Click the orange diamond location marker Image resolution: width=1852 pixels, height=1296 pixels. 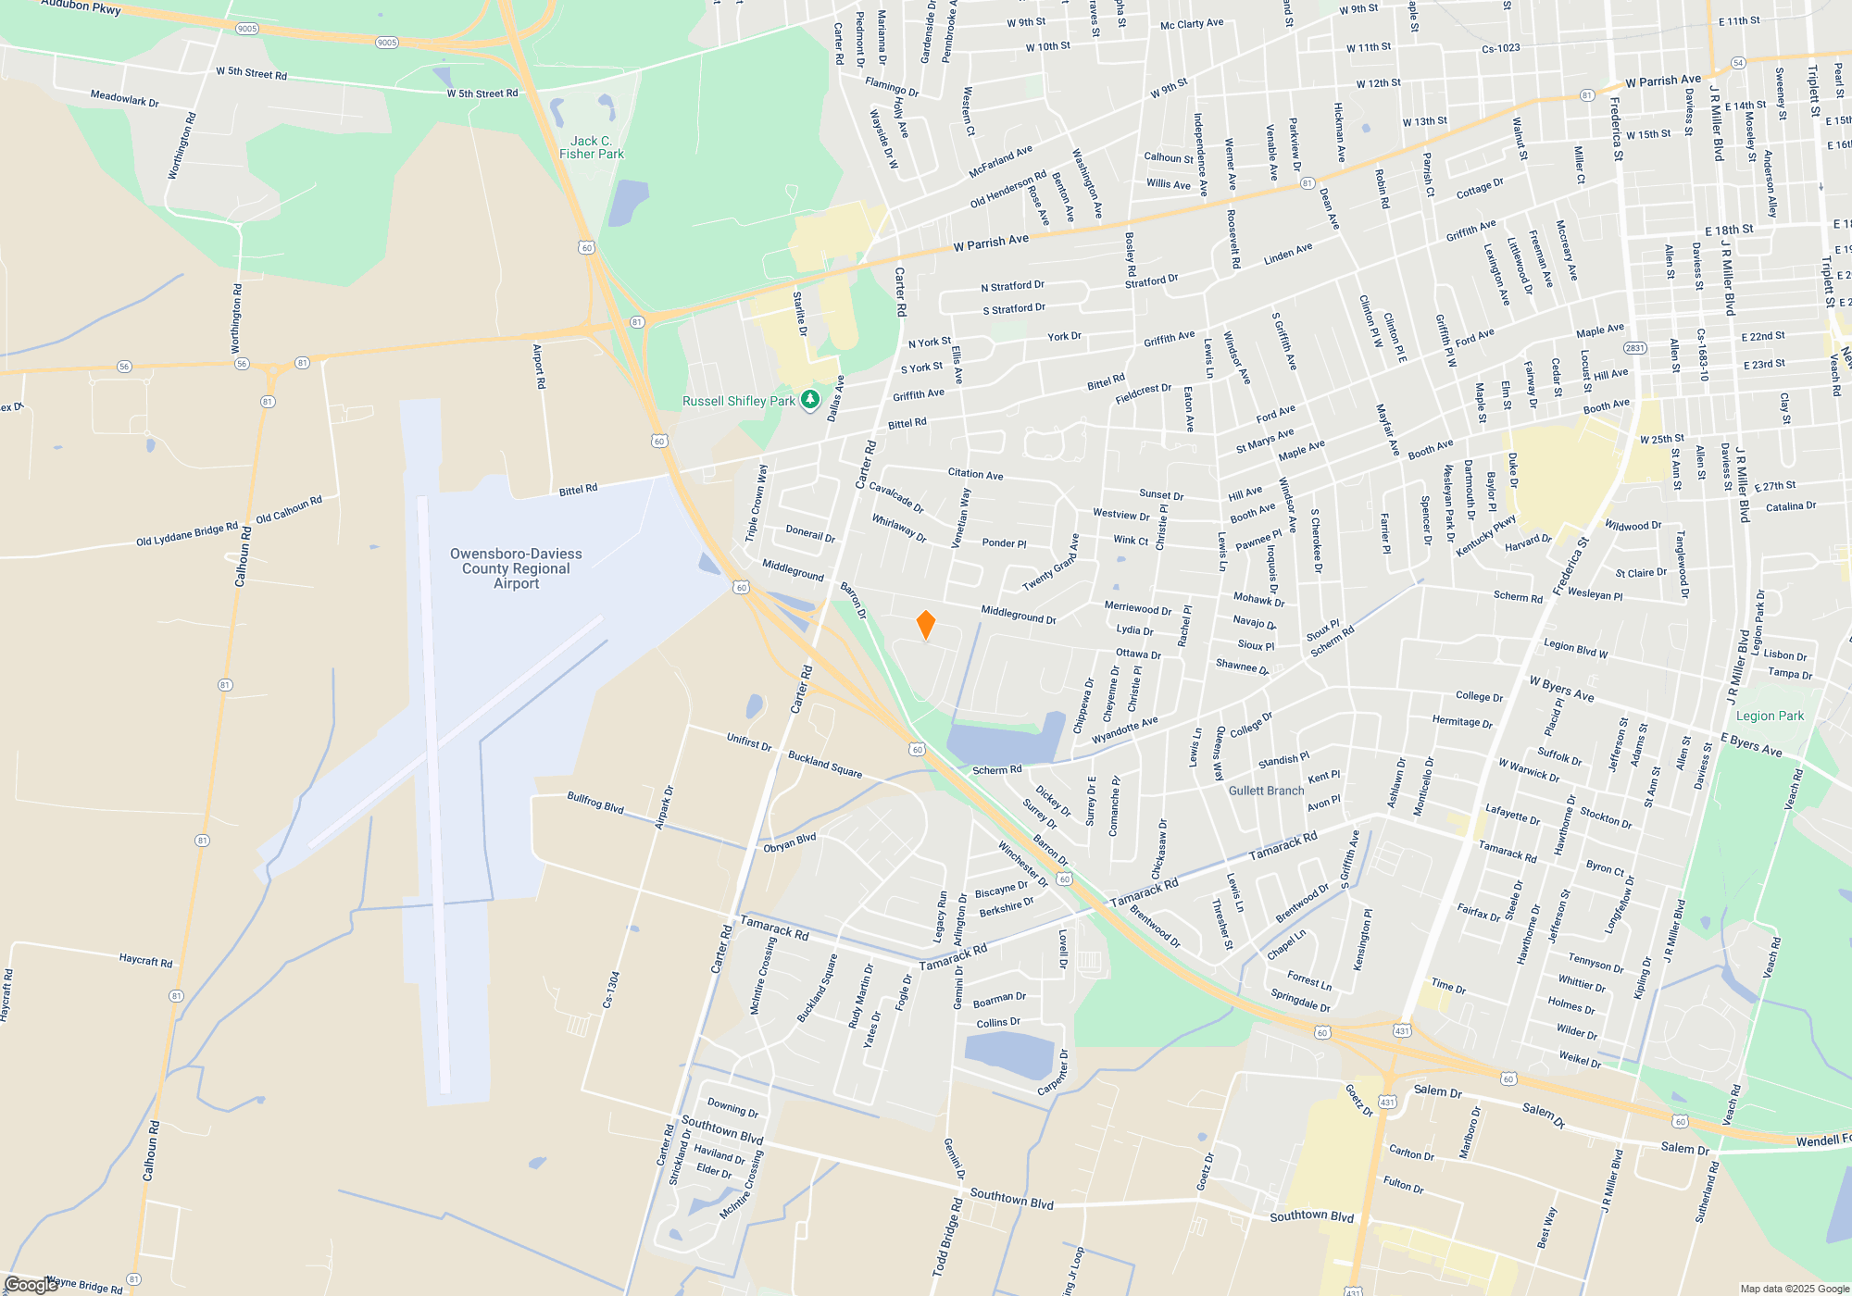tap(925, 625)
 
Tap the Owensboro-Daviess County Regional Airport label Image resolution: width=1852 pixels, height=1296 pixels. tap(516, 568)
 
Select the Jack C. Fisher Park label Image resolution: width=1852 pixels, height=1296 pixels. tap(592, 148)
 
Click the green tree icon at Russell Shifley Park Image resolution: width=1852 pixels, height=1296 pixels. tap(810, 400)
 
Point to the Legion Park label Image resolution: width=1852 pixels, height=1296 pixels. tap(1770, 716)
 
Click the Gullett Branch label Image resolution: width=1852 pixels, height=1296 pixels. tap(1266, 791)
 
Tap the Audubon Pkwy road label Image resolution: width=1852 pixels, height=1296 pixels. tap(81, 6)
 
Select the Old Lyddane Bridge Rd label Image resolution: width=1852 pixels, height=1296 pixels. tap(187, 534)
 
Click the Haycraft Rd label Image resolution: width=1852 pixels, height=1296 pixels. tap(145, 961)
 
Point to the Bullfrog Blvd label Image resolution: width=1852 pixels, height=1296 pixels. tap(595, 803)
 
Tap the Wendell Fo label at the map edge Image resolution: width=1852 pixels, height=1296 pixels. tap(1822, 1140)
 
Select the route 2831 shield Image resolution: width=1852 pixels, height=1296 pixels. tap(1635, 348)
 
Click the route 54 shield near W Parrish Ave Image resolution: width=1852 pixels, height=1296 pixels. tap(1738, 63)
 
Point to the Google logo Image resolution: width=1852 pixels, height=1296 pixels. tap(30, 1285)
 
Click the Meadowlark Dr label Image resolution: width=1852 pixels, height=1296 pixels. tap(124, 98)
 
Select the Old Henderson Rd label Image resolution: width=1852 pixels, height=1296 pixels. tap(1007, 189)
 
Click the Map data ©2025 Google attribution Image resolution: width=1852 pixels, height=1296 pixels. tap(1794, 1289)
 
